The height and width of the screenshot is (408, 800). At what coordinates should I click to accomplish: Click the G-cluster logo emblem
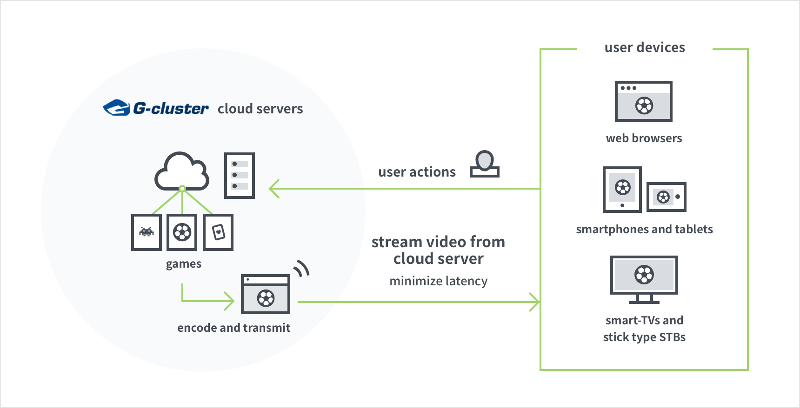pos(116,108)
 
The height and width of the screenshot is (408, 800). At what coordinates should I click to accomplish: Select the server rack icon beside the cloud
pos(240,176)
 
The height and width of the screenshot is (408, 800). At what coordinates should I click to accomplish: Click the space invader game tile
pos(147,232)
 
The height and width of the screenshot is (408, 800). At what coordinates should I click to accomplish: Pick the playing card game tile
pos(218,232)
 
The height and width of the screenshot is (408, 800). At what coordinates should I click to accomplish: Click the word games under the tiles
pos(184,264)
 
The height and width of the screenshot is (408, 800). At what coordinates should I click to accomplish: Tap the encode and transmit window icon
pos(266,294)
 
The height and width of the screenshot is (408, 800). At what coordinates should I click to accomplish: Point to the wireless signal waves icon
pos(302,268)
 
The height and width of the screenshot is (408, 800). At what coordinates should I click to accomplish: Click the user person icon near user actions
pos(485,164)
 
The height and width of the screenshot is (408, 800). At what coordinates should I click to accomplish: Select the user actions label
pos(417,172)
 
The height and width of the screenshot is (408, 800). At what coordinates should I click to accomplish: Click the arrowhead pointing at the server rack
pos(274,189)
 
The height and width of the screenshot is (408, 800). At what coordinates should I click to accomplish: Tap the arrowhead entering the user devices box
pos(534,302)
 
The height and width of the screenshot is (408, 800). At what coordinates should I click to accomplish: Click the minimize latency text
pos(439,281)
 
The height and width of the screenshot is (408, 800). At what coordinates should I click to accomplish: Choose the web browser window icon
pos(644,101)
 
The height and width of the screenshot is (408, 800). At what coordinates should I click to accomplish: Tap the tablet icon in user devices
pos(622,190)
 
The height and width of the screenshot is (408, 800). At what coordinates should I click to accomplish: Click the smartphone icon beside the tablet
pos(667,197)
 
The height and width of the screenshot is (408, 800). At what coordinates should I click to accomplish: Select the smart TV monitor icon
pos(644,279)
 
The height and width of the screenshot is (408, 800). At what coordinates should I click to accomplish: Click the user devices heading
pos(645,47)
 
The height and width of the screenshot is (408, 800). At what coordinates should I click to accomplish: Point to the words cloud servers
pos(260,109)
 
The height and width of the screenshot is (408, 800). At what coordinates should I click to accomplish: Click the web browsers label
pos(644,138)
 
